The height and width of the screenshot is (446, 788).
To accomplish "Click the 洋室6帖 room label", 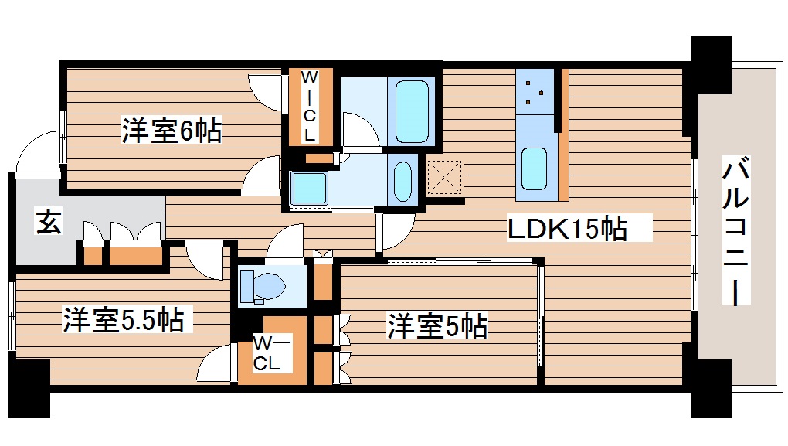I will pyautogui.click(x=171, y=131).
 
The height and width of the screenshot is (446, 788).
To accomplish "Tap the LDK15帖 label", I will pyautogui.click(x=566, y=229).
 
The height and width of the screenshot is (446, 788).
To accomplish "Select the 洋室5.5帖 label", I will pyautogui.click(x=123, y=319).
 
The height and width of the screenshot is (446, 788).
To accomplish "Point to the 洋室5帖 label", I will pyautogui.click(x=437, y=327).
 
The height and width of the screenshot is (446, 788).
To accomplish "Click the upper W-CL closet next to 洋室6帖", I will pyautogui.click(x=309, y=107).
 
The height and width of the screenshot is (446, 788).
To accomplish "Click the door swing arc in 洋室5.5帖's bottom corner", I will pyautogui.click(x=216, y=363).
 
